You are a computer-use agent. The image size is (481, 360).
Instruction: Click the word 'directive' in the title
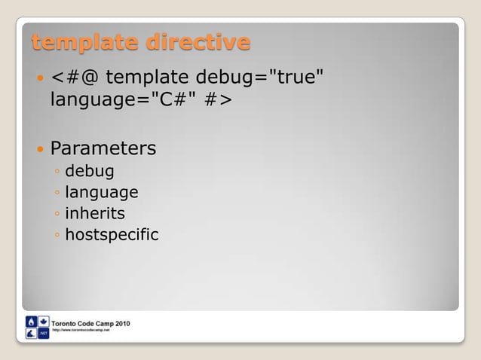coord(198,43)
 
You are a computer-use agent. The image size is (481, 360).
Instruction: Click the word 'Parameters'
coord(103,148)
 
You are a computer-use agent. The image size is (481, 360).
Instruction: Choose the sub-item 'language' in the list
coord(102,193)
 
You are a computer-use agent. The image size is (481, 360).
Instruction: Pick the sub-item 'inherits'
coord(95,214)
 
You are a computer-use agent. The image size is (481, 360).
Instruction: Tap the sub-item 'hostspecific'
coord(112,235)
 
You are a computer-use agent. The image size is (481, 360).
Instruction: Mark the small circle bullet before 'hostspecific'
coord(58,236)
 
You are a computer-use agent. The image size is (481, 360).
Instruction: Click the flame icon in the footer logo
coord(31,321)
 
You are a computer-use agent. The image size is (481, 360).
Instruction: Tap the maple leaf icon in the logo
coord(44,321)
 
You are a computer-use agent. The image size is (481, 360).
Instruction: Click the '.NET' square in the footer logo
coord(44,334)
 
